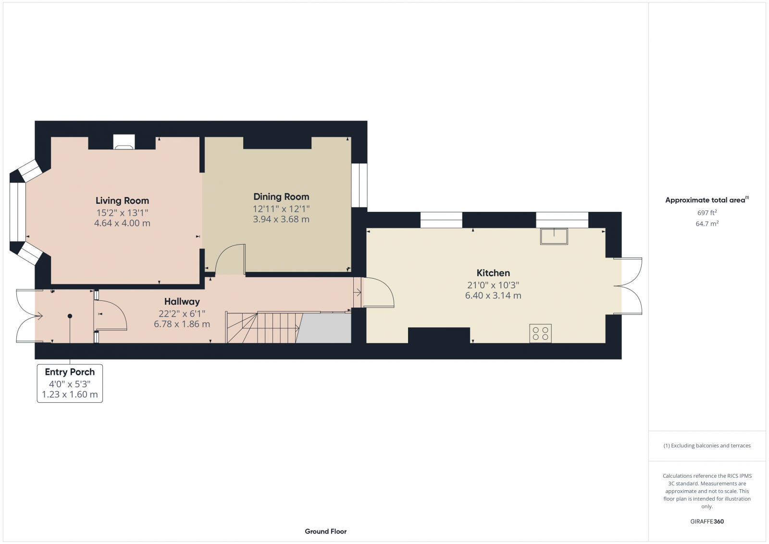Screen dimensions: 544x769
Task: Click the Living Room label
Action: click(122, 201)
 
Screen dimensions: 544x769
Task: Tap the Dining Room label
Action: click(281, 197)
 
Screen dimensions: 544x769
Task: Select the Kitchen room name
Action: click(493, 273)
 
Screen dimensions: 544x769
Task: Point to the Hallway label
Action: click(182, 302)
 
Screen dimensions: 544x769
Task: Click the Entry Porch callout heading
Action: click(70, 372)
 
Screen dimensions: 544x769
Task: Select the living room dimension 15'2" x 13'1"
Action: click(122, 212)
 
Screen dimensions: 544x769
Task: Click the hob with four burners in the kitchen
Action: click(540, 334)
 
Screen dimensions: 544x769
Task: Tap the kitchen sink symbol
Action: click(554, 236)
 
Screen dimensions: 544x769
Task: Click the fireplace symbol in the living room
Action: click(124, 142)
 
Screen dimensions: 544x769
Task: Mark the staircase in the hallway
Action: click(264, 327)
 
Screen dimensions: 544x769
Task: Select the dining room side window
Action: click(359, 185)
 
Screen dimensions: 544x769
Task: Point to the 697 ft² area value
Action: click(707, 212)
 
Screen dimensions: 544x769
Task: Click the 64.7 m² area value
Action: click(707, 224)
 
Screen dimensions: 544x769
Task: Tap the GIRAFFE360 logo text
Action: click(707, 521)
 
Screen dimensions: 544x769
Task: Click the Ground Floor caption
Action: click(325, 532)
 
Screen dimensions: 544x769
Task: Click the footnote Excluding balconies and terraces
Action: click(707, 446)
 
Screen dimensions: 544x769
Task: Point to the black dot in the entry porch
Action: click(70, 316)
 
